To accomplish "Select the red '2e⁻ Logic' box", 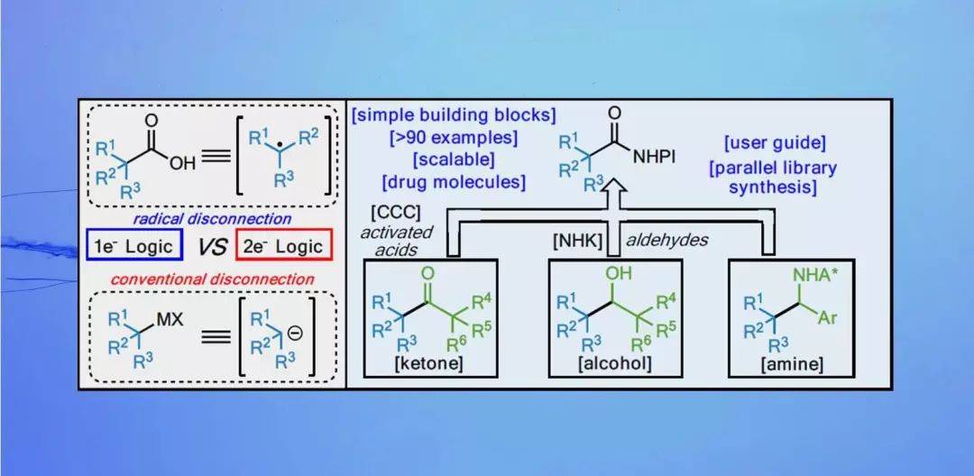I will coord(283,247).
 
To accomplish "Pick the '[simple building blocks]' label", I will coord(454,115).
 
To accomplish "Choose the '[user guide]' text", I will coord(773,143).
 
